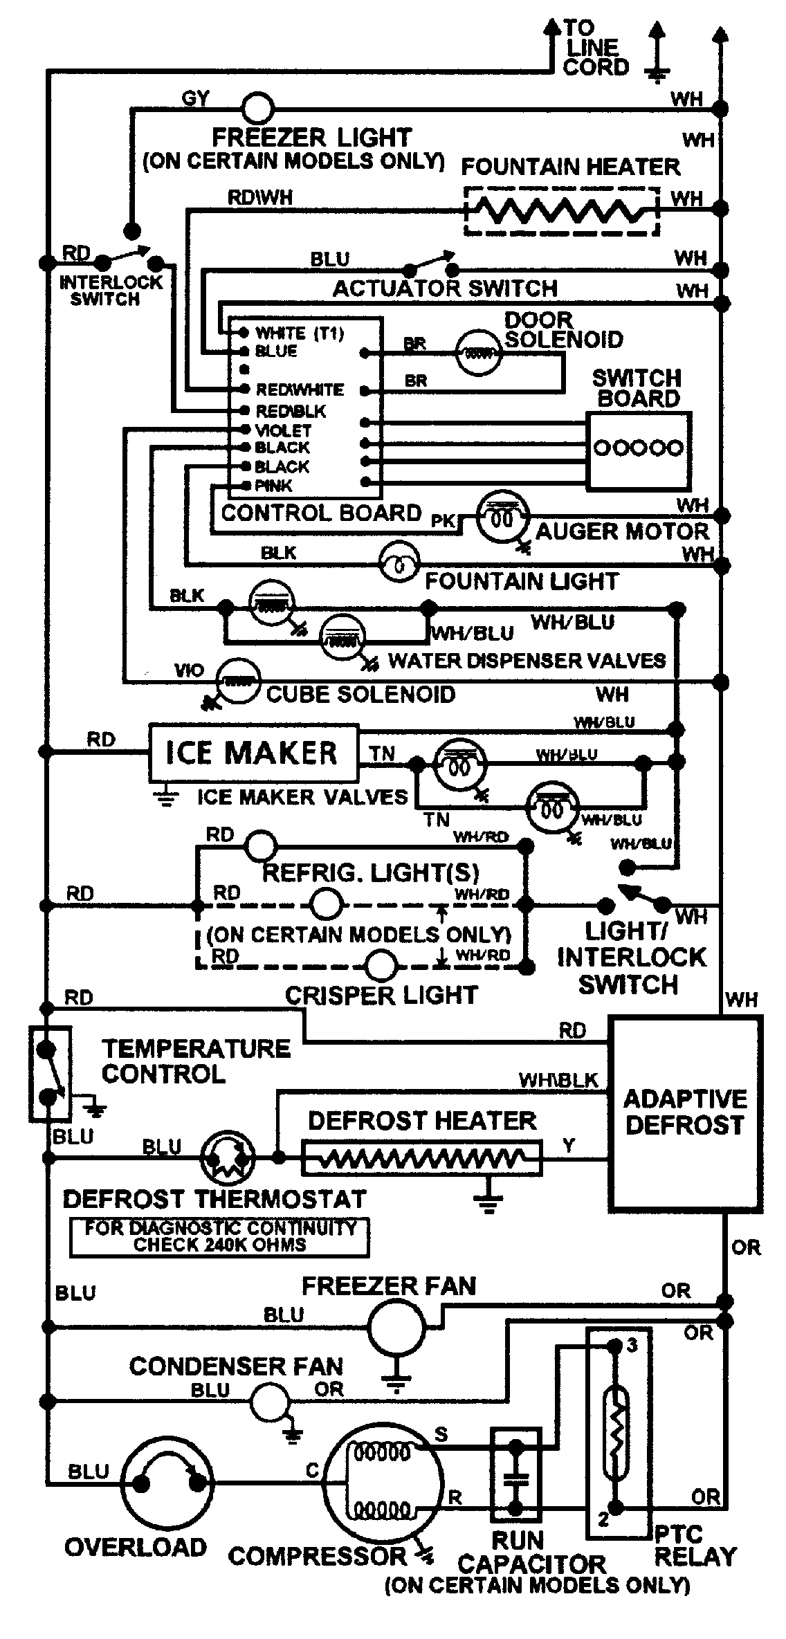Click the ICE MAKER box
(x=253, y=753)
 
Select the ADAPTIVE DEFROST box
(x=684, y=1113)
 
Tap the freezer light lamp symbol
(x=257, y=109)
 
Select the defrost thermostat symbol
(x=228, y=1157)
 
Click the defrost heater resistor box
(x=422, y=1157)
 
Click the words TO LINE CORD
(x=595, y=48)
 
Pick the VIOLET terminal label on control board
(x=284, y=430)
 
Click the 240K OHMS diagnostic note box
(x=219, y=1237)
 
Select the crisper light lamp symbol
(x=381, y=966)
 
